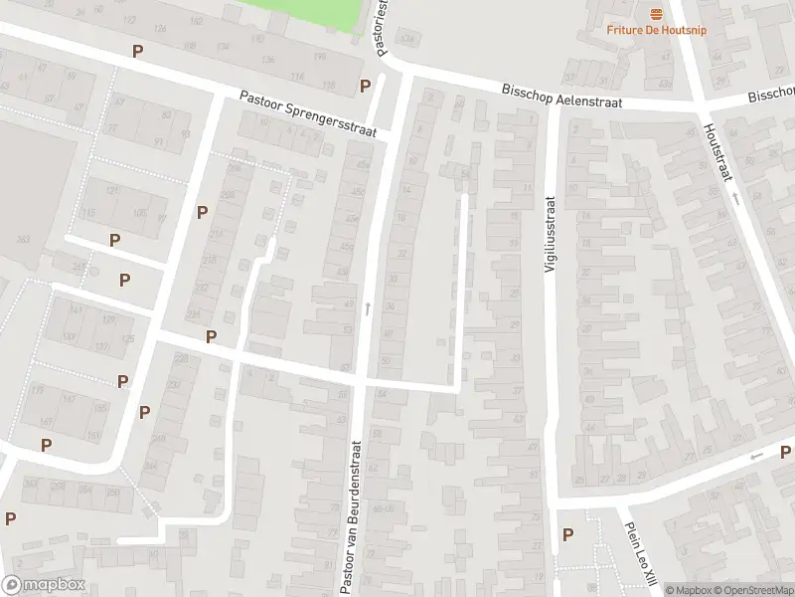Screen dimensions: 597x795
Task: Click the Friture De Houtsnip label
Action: coord(657,29)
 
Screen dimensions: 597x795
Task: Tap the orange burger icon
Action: coord(656,12)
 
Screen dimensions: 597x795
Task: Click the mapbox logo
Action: coord(44,586)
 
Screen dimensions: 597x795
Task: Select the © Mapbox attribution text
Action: coord(690,590)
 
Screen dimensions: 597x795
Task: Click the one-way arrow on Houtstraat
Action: coord(736,200)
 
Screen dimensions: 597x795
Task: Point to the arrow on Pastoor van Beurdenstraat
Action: coord(368,309)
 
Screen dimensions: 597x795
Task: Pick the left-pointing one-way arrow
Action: coord(757,456)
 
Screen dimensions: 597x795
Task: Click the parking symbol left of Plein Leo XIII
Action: coord(567,535)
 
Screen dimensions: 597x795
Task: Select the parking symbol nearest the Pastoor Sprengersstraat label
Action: coord(366,86)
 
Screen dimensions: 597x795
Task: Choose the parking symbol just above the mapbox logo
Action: coord(10,518)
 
